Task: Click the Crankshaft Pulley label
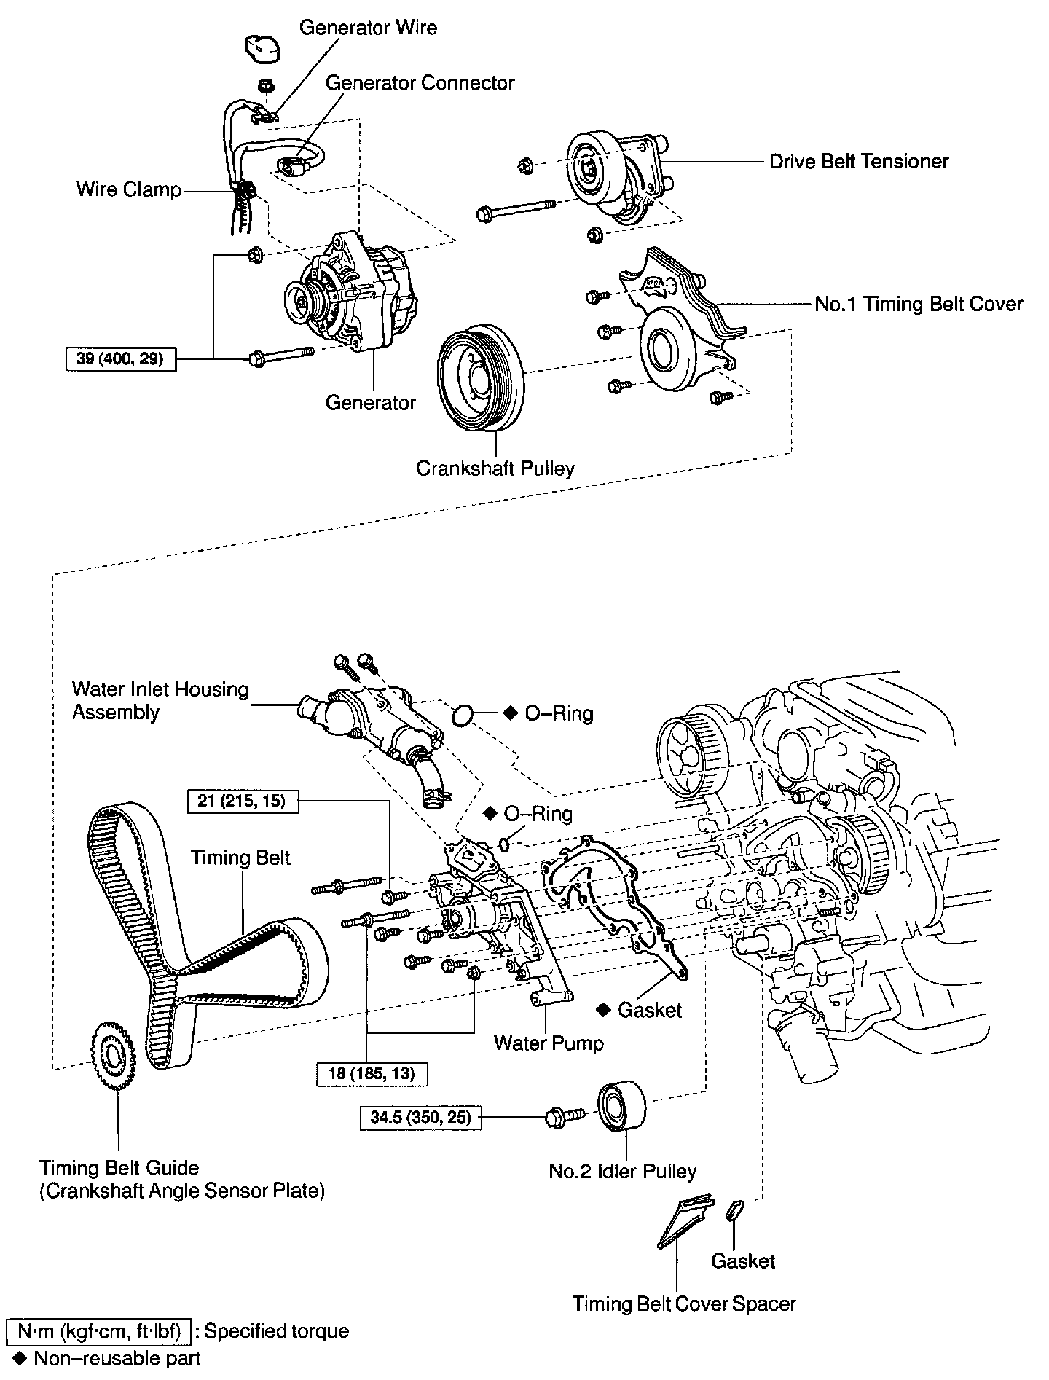tap(495, 468)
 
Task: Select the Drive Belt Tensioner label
tap(859, 161)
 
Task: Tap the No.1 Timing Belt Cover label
tap(919, 304)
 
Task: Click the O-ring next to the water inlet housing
tap(461, 716)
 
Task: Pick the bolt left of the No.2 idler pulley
tap(564, 1116)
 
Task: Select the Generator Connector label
tap(420, 83)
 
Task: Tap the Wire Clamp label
tap(129, 190)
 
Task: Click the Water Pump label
tap(549, 1043)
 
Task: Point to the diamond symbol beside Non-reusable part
tap(20, 1357)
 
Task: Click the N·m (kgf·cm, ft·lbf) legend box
tap(98, 1331)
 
